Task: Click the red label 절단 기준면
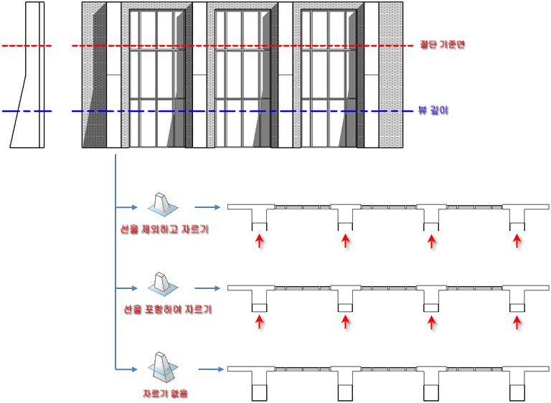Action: [x=443, y=44]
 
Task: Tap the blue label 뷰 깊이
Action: [x=433, y=110]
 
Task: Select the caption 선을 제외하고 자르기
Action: [x=164, y=229]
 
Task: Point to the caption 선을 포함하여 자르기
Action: [x=168, y=309]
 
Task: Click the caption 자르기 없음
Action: [x=165, y=393]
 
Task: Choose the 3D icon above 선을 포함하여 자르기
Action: [x=163, y=283]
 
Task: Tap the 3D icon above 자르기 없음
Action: [x=163, y=367]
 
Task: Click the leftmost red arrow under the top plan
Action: [x=259, y=242]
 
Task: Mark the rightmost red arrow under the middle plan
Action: [x=517, y=322]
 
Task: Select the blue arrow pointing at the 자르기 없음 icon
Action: [x=126, y=369]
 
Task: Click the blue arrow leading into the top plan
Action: [x=207, y=207]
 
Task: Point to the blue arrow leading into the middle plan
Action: [x=207, y=288]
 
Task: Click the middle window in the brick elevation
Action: [x=242, y=78]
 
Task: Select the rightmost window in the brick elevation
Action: [x=329, y=78]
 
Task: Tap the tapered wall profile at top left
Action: [x=27, y=75]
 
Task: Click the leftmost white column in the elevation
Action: [x=113, y=75]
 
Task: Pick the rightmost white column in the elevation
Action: [x=372, y=75]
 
